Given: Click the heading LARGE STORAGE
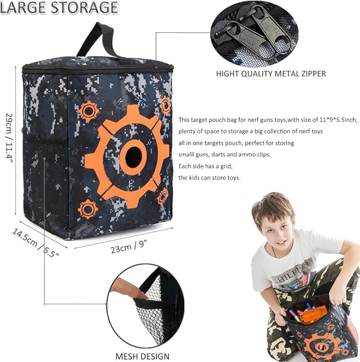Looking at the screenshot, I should point(59,8).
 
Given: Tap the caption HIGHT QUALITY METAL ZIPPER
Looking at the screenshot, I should point(271,74).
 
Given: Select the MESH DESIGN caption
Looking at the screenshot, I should point(143,356).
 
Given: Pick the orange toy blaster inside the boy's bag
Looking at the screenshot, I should point(313,314).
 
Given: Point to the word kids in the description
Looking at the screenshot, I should point(196,178).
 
